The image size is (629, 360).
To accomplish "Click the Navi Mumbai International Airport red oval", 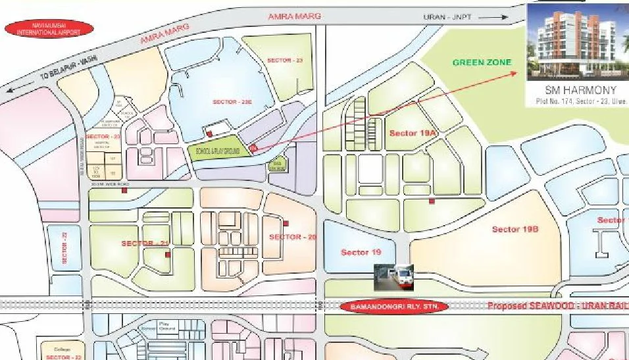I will (x=49, y=28).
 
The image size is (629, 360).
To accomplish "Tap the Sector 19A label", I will (x=413, y=133).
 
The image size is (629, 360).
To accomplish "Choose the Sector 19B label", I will (x=515, y=229).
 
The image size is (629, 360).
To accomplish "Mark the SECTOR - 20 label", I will (x=293, y=237).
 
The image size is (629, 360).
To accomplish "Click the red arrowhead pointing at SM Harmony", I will (x=515, y=72).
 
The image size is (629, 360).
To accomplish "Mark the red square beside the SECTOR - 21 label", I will (x=167, y=253).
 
